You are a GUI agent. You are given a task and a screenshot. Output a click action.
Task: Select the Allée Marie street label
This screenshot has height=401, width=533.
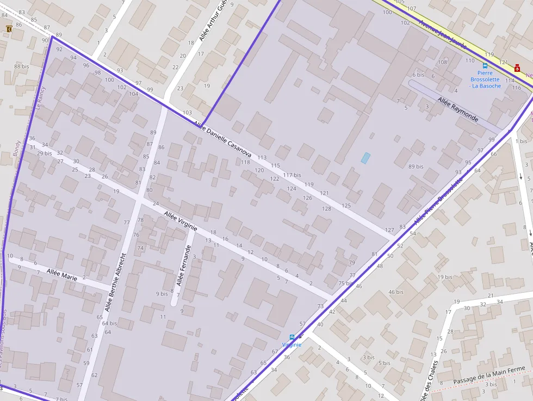61,274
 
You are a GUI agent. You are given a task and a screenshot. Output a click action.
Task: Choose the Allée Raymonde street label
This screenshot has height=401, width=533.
458,110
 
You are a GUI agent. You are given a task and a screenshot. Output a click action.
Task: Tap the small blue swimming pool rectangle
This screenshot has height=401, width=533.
365,158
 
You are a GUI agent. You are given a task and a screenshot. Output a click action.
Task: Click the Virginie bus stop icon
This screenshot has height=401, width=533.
292,337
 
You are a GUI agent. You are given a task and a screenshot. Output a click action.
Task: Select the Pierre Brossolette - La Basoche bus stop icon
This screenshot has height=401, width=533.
485,65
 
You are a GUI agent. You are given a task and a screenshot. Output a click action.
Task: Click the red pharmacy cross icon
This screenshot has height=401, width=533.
517,68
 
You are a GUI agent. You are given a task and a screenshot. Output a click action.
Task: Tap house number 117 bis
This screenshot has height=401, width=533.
292,175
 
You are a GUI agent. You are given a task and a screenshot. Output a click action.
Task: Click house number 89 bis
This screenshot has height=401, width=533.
416,166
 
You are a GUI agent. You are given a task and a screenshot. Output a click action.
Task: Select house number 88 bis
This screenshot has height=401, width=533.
22,66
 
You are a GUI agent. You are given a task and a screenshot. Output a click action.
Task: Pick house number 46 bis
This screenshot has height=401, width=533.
395,292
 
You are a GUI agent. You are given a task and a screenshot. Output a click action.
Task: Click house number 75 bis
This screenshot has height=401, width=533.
345,283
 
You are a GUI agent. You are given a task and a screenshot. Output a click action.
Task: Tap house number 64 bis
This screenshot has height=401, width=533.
109,323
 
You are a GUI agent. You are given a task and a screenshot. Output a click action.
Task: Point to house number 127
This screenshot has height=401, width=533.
389,230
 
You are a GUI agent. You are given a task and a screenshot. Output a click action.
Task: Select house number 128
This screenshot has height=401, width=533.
326,208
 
